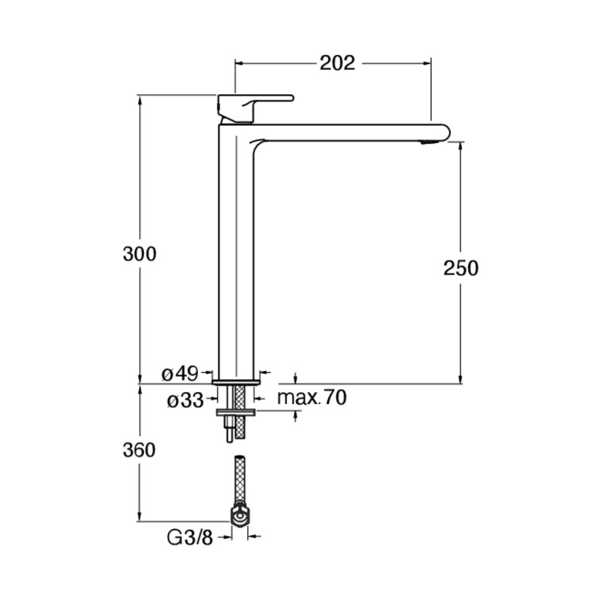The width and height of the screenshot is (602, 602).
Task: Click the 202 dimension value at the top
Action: (x=337, y=63)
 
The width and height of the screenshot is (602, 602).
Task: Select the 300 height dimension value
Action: (x=139, y=254)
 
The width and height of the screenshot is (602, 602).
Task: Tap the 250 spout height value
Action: (x=461, y=268)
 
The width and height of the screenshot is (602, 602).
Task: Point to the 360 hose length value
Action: (x=139, y=450)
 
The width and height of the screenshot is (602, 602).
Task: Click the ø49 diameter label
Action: (x=180, y=373)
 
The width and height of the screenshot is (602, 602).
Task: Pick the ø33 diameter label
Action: (x=185, y=401)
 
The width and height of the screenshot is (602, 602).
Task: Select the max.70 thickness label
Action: (x=312, y=397)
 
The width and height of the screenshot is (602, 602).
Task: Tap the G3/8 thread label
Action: (x=190, y=537)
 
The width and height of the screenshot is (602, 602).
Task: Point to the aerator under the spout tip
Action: (x=429, y=142)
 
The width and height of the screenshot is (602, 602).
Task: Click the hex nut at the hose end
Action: (x=239, y=515)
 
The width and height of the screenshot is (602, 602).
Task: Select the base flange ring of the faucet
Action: (x=236, y=382)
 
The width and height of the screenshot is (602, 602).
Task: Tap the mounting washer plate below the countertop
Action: (x=236, y=412)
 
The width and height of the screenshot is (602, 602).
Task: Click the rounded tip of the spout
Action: (x=446, y=132)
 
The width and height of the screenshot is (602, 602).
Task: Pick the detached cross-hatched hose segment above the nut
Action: (x=239, y=480)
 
